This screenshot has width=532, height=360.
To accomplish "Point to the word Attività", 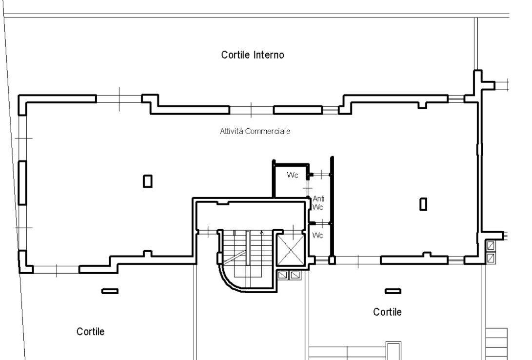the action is pyautogui.click(x=232, y=131).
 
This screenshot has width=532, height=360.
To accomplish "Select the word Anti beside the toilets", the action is pyautogui.click(x=318, y=199).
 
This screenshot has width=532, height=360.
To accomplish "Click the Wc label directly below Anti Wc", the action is pyautogui.click(x=317, y=235).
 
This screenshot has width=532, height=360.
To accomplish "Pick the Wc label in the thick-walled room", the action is pyautogui.click(x=293, y=175).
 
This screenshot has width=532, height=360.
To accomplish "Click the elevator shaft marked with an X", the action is pyautogui.click(x=291, y=250).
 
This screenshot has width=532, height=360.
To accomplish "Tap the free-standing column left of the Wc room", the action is pyautogui.click(x=148, y=181).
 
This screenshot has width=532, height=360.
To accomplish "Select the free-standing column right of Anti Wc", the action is pyautogui.click(x=423, y=204).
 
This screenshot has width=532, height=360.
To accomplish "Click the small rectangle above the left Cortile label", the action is pyautogui.click(x=110, y=291).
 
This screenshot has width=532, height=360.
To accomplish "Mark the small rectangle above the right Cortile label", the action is pyautogui.click(x=393, y=291).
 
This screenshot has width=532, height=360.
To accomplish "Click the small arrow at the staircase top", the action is pyautogui.click(x=261, y=233).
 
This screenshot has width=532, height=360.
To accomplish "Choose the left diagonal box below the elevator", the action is pyautogui.click(x=283, y=275).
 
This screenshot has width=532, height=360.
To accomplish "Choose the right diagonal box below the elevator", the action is pyautogui.click(x=296, y=275).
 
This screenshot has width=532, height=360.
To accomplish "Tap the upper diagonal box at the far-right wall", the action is pyautogui.click(x=491, y=245).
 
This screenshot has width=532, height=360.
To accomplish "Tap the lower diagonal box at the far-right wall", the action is pyautogui.click(x=491, y=258).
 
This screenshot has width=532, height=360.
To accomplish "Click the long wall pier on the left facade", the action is pyautogui.click(x=22, y=183).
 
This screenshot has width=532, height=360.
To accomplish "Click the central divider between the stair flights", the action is pyautogui.click(x=248, y=248).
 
